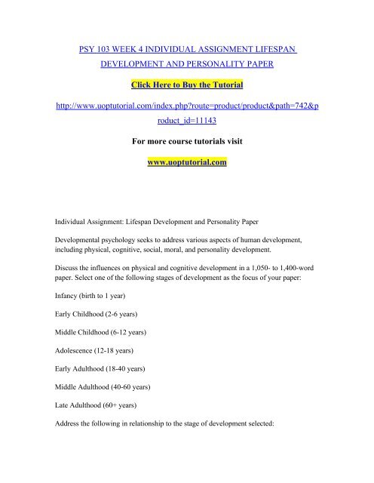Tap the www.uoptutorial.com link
pos(186,162)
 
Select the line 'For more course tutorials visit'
pos(186,139)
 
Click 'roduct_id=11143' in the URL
pos(186,119)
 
